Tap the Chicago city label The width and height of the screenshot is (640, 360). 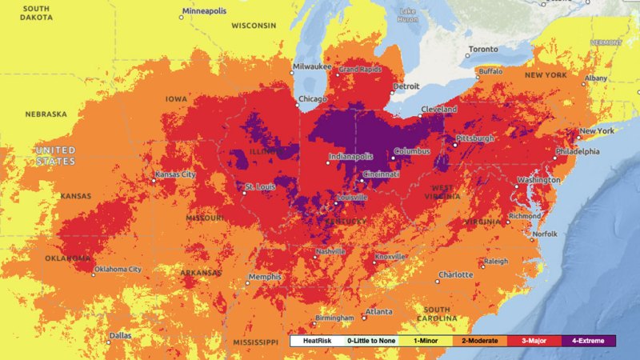pyautogui.click(x=312, y=99)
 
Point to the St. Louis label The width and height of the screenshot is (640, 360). pyautogui.click(x=260, y=186)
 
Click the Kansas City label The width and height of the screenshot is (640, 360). pyautogui.click(x=176, y=174)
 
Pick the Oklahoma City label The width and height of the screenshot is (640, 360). pyautogui.click(x=122, y=269)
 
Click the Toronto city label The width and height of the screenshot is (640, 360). pyautogui.click(x=483, y=49)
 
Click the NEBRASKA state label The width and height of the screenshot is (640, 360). pyautogui.click(x=46, y=114)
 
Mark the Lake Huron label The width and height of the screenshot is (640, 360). pyautogui.click(x=408, y=14)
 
